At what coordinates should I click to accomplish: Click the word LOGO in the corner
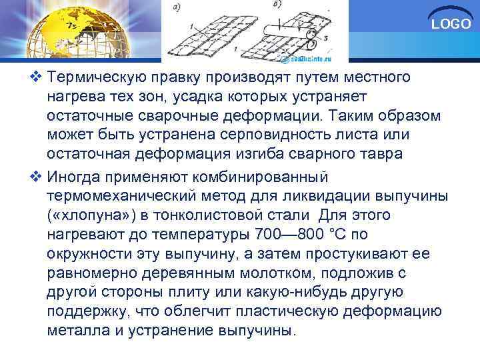click(x=451, y=25)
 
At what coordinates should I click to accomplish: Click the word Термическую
click(x=103, y=79)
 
